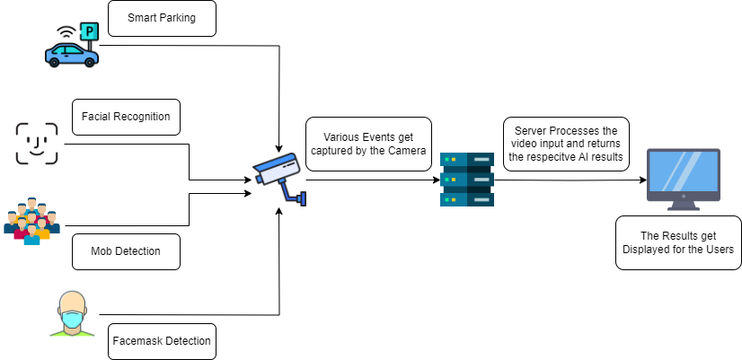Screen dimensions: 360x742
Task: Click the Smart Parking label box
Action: [x=162, y=18]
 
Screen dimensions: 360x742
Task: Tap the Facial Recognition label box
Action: [x=126, y=117]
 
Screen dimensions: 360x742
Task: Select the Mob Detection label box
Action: [x=126, y=251]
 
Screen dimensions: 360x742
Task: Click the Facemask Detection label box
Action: [x=162, y=341]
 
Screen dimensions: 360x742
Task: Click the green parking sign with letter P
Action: [x=89, y=32]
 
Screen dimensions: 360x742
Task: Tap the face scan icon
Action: [x=37, y=144]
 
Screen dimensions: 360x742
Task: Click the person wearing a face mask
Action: [x=72, y=314]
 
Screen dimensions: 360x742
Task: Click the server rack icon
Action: [x=466, y=180]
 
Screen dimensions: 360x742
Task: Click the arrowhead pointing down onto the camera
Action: [x=281, y=147]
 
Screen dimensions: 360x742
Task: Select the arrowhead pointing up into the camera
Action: [x=281, y=212]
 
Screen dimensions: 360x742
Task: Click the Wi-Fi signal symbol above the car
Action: [x=66, y=30]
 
